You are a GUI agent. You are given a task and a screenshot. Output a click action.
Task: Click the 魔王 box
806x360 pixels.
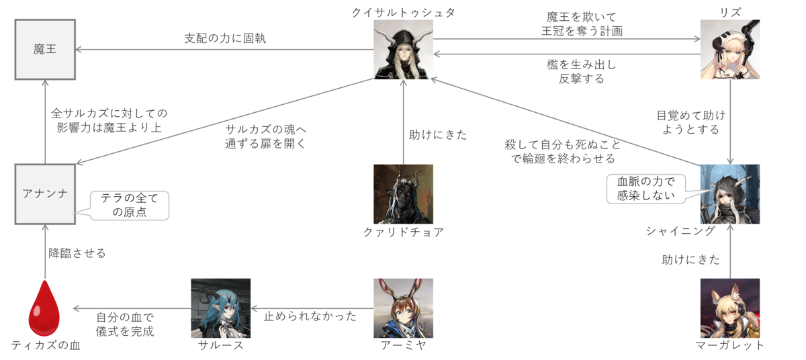tap(45, 49)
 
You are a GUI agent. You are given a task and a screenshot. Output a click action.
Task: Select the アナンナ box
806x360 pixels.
tap(45, 193)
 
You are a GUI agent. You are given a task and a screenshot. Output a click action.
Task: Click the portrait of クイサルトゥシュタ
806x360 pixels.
tap(403, 49)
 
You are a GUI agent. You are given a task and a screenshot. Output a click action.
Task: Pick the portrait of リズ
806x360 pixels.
tap(729, 49)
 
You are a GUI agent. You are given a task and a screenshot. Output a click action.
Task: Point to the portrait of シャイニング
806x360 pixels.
tap(729, 194)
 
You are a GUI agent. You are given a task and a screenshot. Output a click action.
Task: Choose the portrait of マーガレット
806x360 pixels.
tap(729, 308)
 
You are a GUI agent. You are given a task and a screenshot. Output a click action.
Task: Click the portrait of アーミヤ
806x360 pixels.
tap(403, 308)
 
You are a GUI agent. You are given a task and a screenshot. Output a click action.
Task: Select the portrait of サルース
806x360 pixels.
tap(220, 308)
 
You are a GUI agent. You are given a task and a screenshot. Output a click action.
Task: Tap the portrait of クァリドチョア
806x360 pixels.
tap(403, 194)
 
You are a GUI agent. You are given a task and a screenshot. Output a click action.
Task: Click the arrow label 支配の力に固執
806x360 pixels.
tap(225, 38)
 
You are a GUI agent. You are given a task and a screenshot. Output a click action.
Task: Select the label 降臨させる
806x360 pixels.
tap(77, 253)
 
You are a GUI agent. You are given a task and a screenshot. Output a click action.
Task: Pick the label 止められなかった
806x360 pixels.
tap(310, 316)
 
